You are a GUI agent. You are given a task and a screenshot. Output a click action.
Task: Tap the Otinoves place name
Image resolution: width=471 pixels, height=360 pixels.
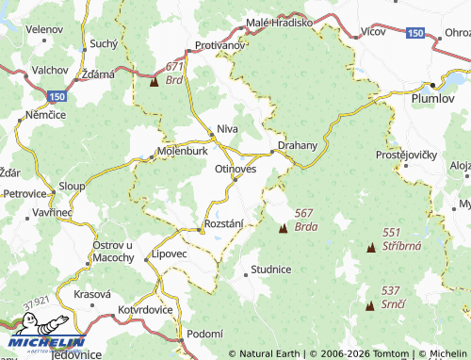235,168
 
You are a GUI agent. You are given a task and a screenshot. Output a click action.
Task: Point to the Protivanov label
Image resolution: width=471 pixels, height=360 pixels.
220,45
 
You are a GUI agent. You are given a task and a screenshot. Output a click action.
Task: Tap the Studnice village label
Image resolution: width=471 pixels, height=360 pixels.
271,269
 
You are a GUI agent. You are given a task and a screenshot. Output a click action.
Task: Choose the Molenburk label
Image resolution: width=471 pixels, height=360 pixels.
183,150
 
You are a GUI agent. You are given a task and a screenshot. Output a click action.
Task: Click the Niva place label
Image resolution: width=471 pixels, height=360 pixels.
227,127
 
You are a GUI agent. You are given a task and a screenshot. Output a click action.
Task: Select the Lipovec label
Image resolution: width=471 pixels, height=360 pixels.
170,254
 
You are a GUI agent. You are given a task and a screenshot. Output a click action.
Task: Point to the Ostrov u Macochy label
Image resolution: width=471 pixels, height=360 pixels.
113,251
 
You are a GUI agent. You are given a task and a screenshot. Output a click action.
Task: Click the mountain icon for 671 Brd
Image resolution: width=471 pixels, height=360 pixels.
154,82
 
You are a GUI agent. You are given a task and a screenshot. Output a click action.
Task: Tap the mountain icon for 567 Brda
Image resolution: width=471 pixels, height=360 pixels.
282,228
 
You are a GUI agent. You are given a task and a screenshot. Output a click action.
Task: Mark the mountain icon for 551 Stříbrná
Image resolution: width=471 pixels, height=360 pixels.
370,247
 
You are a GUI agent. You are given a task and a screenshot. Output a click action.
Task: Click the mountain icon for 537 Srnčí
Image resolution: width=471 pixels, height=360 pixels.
370,305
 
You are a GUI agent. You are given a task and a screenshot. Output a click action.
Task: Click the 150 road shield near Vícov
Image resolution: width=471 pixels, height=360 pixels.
415,33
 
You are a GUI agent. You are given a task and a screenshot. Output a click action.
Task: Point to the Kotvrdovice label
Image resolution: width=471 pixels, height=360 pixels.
146,309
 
